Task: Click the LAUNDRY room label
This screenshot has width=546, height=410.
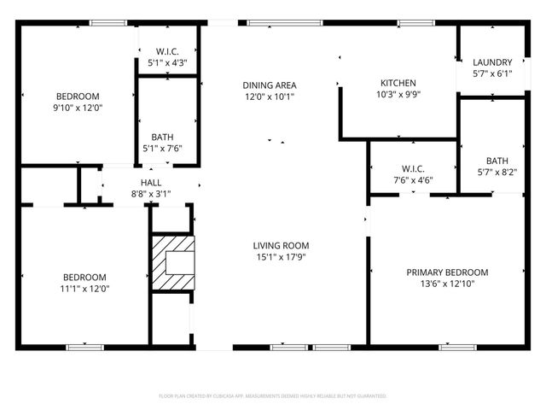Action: coord(492,62)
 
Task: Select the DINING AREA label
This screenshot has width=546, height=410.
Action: coord(269,85)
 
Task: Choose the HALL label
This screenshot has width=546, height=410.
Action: coord(151,183)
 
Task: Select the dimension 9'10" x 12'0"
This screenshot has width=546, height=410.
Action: coord(78,108)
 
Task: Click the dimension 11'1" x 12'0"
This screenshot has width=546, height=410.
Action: coord(84,289)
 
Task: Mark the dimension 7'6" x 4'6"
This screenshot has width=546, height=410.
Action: coord(413,180)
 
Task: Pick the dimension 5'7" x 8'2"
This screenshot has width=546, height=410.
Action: coord(496,172)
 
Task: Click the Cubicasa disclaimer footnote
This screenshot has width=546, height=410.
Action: coord(273,396)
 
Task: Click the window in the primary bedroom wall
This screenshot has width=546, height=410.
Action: coord(456,347)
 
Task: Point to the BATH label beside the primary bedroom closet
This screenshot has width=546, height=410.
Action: coord(496,160)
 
